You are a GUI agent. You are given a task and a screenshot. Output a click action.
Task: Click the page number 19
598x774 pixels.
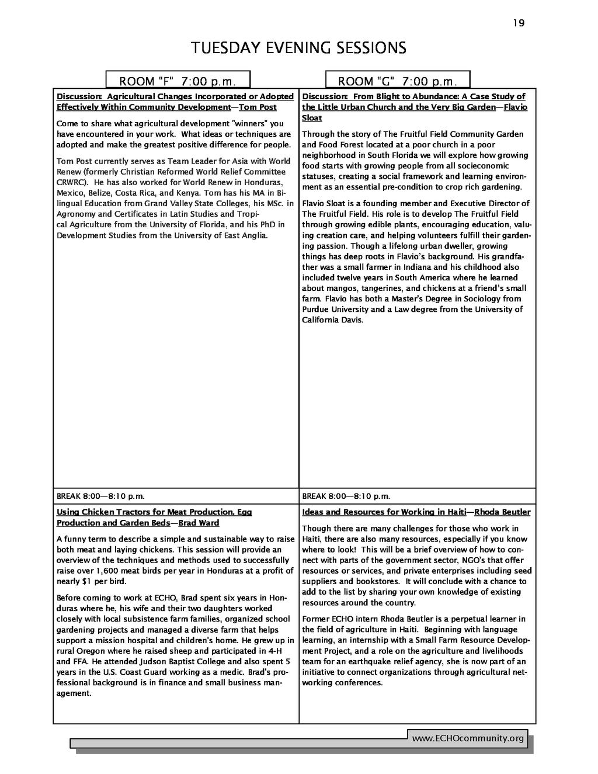[519, 23]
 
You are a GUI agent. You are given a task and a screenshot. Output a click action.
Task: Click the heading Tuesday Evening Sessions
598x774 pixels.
[298, 47]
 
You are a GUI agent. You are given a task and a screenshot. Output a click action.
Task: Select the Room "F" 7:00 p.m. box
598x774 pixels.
[178, 81]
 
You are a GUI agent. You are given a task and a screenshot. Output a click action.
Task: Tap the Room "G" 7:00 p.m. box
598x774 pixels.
[397, 81]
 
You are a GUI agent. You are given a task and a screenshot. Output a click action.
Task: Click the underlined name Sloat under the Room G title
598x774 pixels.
[312, 118]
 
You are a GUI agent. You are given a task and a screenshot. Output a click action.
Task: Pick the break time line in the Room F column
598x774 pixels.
[100, 497]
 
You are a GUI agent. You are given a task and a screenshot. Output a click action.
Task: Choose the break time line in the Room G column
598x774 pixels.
[346, 497]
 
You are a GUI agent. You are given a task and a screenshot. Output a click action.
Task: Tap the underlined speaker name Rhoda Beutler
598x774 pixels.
[502, 512]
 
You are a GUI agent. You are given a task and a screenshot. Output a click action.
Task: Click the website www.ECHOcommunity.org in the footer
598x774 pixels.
[468, 738]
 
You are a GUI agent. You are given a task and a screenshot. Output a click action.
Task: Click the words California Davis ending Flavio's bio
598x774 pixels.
[332, 320]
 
